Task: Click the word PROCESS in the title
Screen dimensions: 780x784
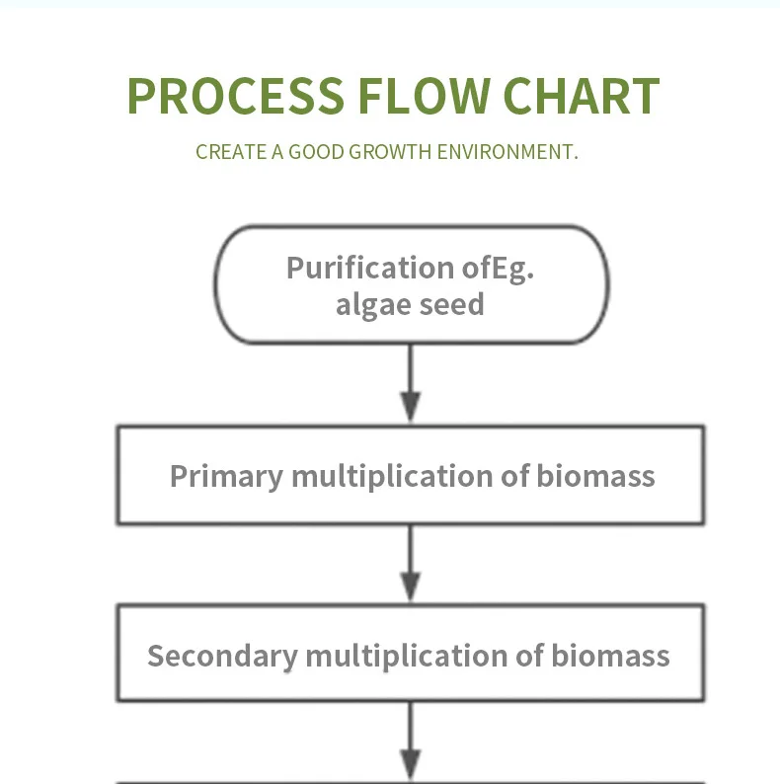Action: click(x=236, y=96)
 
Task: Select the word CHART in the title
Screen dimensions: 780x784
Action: click(x=582, y=96)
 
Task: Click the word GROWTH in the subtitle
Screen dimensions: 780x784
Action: click(x=390, y=152)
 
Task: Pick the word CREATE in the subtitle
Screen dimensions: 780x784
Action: click(x=231, y=152)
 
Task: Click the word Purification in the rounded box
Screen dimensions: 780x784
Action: click(x=370, y=269)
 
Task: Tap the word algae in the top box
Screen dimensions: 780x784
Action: click(x=374, y=305)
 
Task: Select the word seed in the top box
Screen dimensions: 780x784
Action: click(x=451, y=304)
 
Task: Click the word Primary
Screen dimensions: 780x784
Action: click(x=227, y=477)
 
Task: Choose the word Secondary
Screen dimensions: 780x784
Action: click(x=222, y=656)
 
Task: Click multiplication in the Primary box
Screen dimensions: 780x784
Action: click(x=393, y=477)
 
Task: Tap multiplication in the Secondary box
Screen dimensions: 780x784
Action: click(x=407, y=656)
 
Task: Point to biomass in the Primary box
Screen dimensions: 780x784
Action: click(x=595, y=476)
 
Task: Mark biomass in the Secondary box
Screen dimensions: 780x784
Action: click(x=610, y=656)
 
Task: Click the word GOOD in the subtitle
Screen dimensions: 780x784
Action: click(x=316, y=152)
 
